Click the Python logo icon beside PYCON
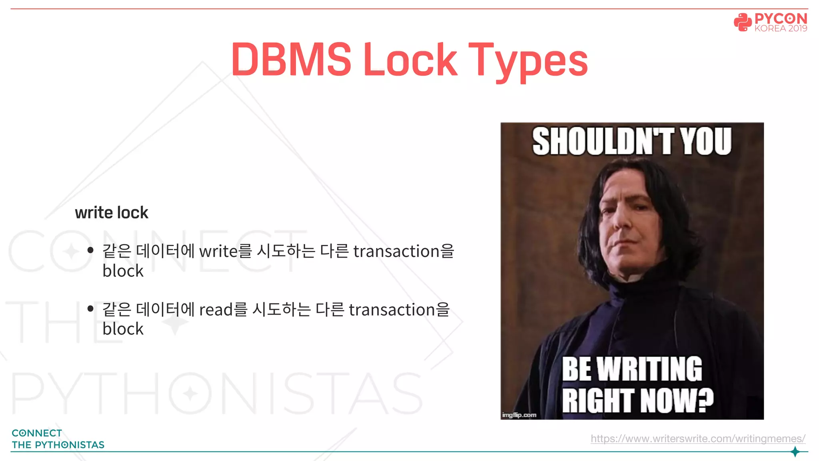pyautogui.click(x=743, y=22)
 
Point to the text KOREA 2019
pyautogui.click(x=781, y=28)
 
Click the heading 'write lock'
pyautogui.click(x=112, y=212)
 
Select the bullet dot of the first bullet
pyautogui.click(x=90, y=251)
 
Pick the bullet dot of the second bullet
pyautogui.click(x=90, y=309)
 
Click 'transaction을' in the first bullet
pyautogui.click(x=404, y=251)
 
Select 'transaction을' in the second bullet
pyautogui.click(x=399, y=310)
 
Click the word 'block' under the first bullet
pyautogui.click(x=123, y=271)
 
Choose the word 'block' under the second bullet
pyautogui.click(x=123, y=329)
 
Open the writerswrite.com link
pyautogui.click(x=698, y=439)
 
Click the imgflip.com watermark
pyautogui.click(x=519, y=415)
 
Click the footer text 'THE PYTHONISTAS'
pyautogui.click(x=58, y=445)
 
